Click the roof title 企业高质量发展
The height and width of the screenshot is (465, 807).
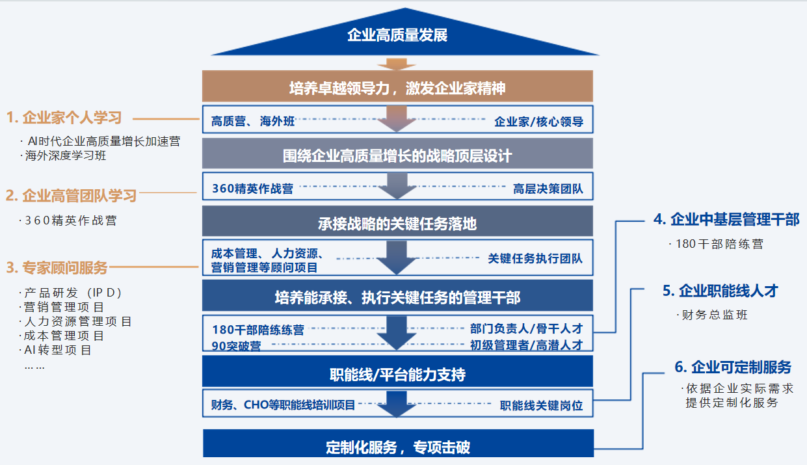click(x=397, y=35)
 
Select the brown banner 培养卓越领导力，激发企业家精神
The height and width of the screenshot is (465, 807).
click(x=397, y=88)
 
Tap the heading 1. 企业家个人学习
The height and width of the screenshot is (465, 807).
click(x=64, y=118)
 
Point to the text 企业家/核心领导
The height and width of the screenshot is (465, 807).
click(x=538, y=122)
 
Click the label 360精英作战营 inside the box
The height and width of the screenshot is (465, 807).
click(x=252, y=189)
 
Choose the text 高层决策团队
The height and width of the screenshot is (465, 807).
click(x=548, y=189)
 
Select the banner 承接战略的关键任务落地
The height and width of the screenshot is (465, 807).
click(x=397, y=224)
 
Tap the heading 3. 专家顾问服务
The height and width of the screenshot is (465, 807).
click(x=57, y=267)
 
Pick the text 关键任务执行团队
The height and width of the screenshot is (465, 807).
click(x=535, y=258)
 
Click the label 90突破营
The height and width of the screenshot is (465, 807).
click(x=237, y=346)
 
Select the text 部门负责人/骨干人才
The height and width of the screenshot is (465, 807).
click(x=526, y=328)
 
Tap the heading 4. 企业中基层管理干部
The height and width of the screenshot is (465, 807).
click(x=726, y=220)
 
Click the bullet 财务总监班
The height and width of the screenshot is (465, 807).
click(x=715, y=315)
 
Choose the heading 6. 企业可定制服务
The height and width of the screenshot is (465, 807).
click(x=733, y=367)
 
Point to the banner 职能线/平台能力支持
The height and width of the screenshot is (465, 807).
click(x=397, y=375)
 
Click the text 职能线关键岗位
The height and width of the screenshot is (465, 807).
click(x=541, y=405)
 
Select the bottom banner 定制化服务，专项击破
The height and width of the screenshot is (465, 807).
click(x=397, y=447)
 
